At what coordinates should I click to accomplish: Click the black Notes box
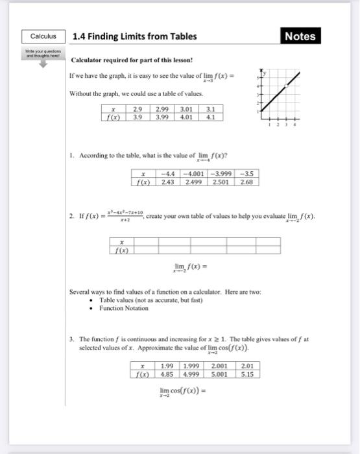(x=300, y=36)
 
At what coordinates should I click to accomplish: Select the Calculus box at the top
(x=43, y=36)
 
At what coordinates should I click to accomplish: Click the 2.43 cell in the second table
(x=169, y=182)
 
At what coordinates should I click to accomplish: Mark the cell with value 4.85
(x=167, y=374)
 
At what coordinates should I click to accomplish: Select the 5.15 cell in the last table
(x=246, y=374)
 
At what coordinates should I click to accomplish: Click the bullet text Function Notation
(x=124, y=308)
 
